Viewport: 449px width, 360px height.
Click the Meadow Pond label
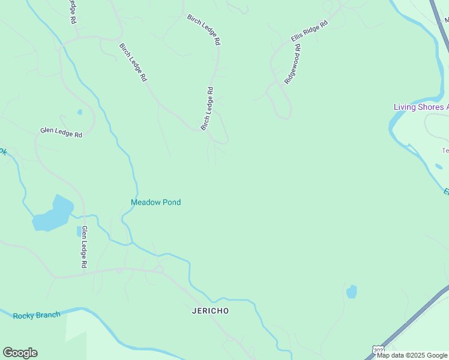click(x=155, y=202)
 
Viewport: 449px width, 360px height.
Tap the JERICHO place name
click(x=210, y=311)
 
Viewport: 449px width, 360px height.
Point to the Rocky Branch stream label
click(x=37, y=316)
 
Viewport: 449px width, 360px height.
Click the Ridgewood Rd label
click(x=292, y=64)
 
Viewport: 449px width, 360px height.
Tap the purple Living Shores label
click(x=420, y=107)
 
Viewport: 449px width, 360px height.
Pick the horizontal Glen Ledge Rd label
click(x=61, y=132)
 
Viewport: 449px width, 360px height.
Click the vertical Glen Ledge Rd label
click(x=85, y=247)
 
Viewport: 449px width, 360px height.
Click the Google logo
click(x=20, y=353)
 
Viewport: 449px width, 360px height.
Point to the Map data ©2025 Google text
click(x=412, y=355)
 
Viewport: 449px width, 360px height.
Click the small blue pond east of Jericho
click(x=352, y=292)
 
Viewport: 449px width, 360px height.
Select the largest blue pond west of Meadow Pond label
click(x=53, y=214)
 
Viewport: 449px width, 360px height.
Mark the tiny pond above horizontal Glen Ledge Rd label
click(x=80, y=112)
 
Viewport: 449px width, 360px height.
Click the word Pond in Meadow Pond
click(x=171, y=202)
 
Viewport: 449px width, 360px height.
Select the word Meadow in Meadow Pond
click(x=145, y=202)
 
